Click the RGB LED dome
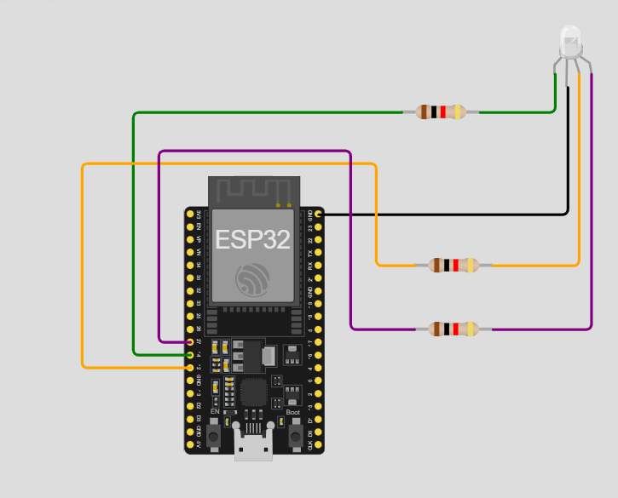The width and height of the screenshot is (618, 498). [569, 38]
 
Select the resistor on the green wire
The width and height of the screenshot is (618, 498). [441, 112]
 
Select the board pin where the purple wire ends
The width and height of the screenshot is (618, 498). [191, 341]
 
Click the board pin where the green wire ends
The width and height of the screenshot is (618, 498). [191, 354]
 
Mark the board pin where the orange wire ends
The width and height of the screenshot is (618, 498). [191, 367]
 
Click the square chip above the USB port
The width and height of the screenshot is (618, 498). [253, 392]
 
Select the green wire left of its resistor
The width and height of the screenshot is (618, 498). [256, 112]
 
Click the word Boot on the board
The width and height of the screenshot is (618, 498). [292, 413]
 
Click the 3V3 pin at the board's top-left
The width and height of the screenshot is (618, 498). [191, 214]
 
